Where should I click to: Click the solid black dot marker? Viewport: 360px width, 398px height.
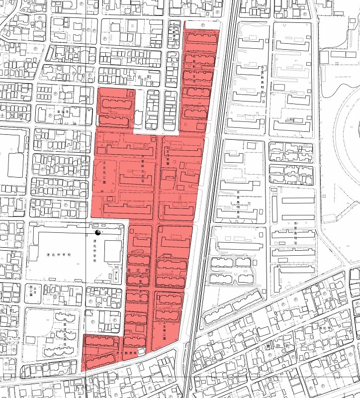pyautogui.click(x=97, y=232)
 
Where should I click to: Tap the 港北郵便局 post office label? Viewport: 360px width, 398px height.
pyautogui.click(x=126, y=353)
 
